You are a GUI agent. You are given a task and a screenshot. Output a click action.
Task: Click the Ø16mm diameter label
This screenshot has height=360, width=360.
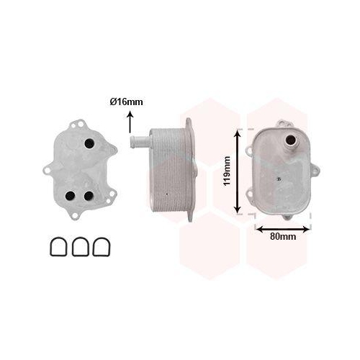coord(127,102)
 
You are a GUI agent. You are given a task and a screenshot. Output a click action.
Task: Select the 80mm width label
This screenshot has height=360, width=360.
coord(283,236)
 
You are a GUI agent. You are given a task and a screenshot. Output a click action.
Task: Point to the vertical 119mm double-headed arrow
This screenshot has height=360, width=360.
coord(239,171)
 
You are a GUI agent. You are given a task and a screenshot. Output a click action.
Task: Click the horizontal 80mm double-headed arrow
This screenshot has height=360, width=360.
coord(283,228)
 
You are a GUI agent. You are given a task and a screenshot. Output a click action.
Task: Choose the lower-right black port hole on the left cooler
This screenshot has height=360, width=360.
coord(88,195)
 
